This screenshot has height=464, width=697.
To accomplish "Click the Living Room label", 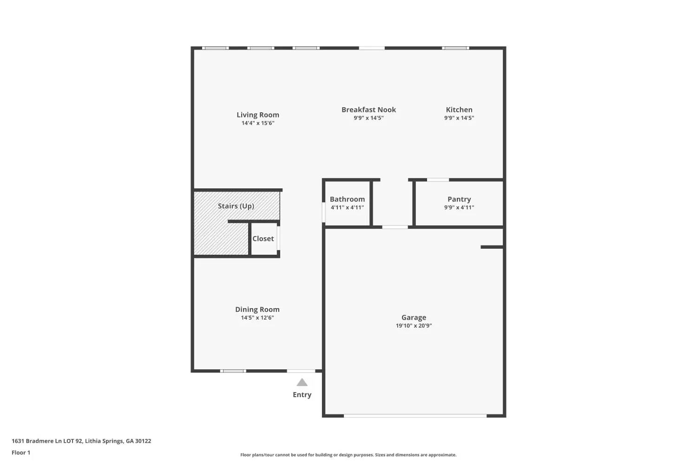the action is [x=257, y=115].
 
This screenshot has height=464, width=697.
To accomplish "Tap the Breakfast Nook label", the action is [x=369, y=110].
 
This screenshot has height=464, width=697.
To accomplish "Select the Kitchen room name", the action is [x=459, y=110].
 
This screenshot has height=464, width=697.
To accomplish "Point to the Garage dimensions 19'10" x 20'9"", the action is [x=414, y=326].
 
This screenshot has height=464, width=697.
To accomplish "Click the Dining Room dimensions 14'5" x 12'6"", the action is [x=257, y=318].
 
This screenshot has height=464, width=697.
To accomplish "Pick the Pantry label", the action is [x=459, y=199].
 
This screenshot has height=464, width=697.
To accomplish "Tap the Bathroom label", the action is [x=347, y=199].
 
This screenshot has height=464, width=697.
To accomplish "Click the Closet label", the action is [x=263, y=238].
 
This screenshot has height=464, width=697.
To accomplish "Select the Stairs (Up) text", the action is [x=236, y=206].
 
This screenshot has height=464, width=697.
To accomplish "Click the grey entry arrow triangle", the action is [x=302, y=382].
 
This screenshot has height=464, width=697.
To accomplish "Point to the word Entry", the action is [x=302, y=395].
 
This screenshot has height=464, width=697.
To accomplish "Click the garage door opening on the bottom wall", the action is [x=415, y=416].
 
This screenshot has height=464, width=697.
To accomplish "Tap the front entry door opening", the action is [x=301, y=371].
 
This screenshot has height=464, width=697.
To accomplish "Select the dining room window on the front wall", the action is [x=233, y=371].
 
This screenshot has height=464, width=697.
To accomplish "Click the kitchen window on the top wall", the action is [x=455, y=48].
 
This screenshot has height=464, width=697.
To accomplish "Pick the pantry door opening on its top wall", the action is [x=438, y=180].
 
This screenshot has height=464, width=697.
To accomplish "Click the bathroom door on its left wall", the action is [x=323, y=212].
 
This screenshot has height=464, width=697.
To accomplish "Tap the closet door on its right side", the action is [x=278, y=238].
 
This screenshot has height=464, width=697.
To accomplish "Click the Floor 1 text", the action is [x=21, y=452].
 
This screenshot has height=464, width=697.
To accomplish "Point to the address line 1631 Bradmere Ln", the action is [x=81, y=441].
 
